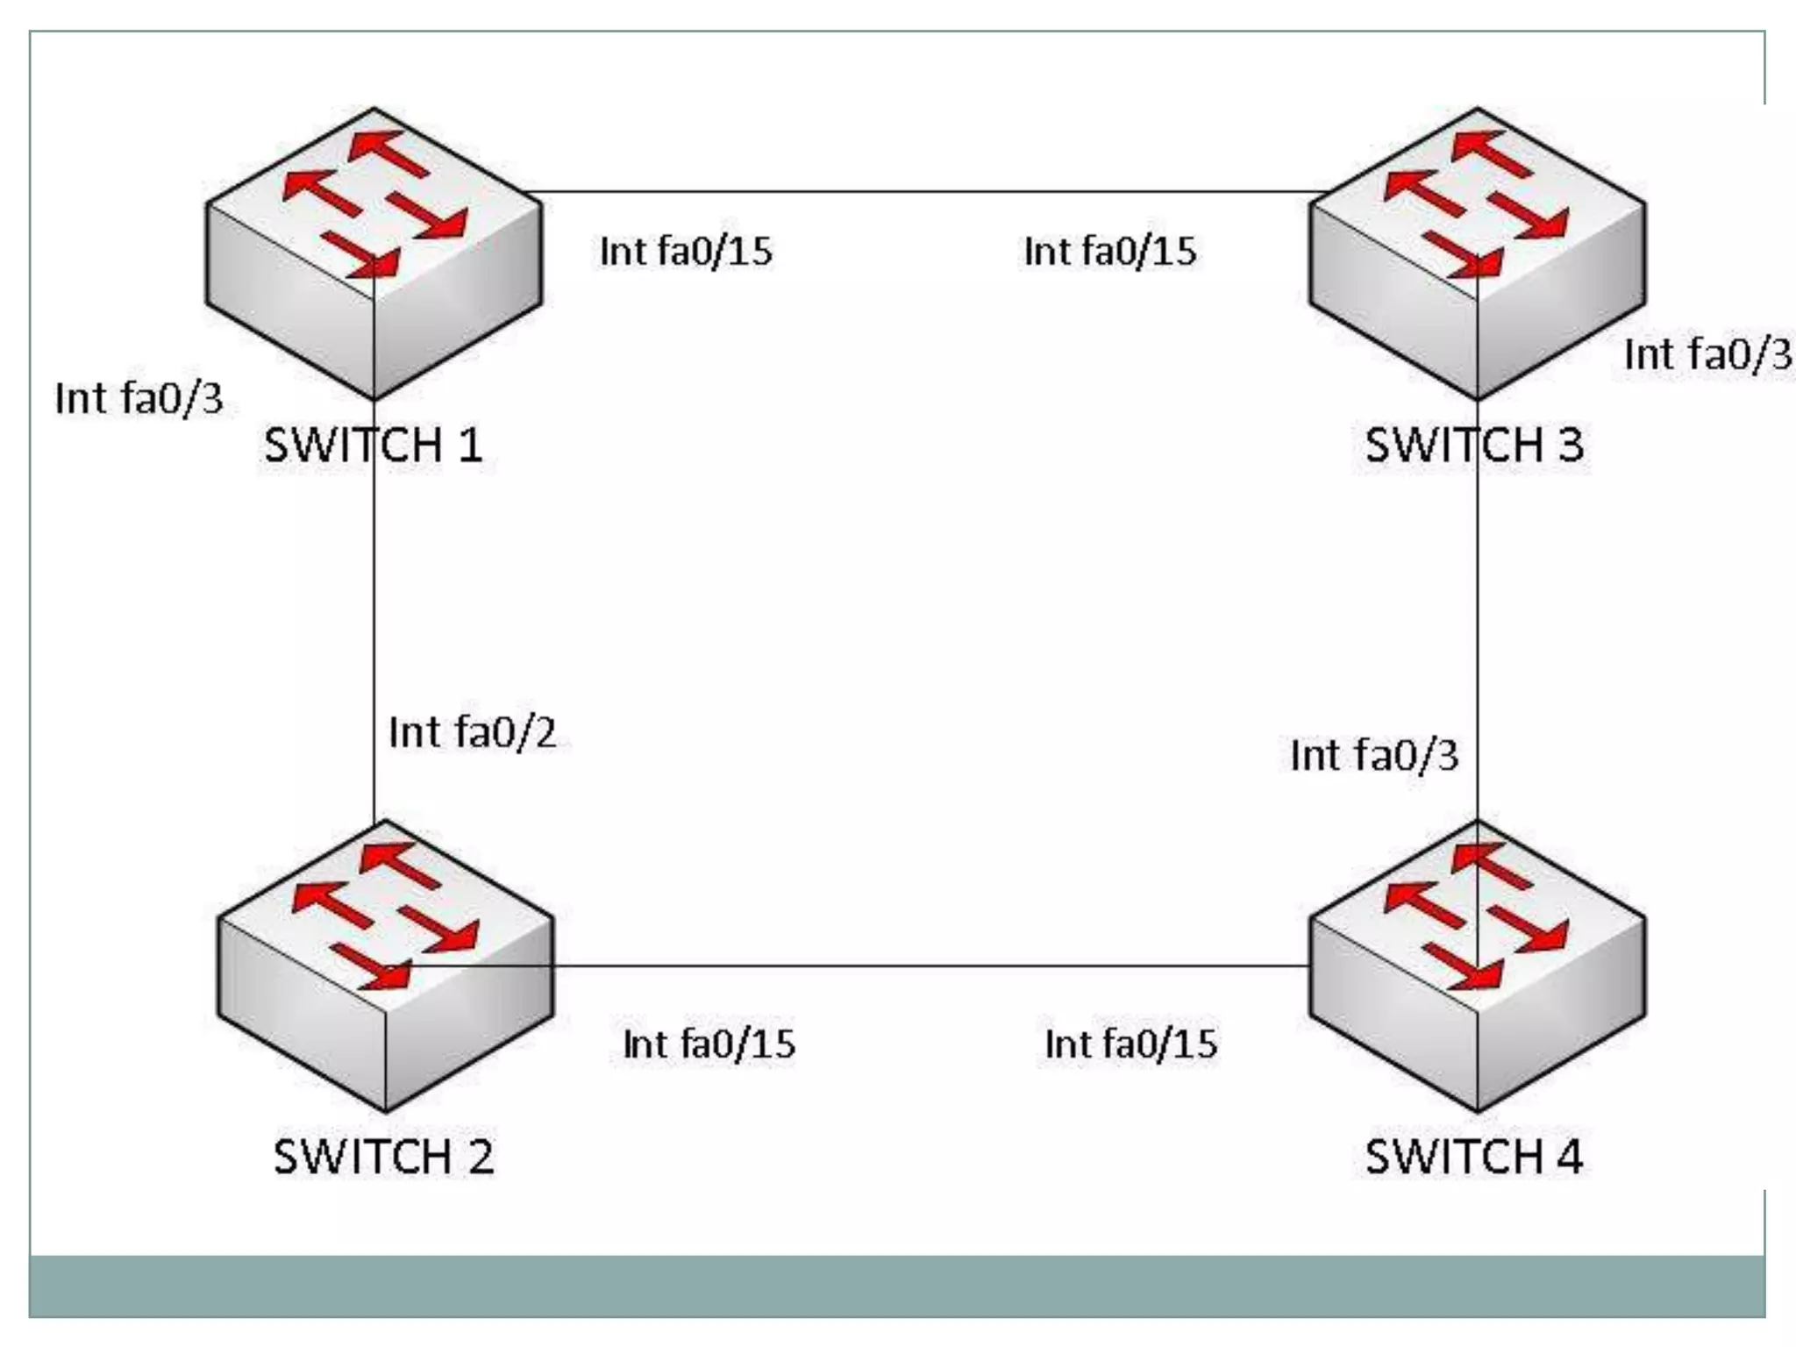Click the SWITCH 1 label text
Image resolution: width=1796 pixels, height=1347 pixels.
[x=374, y=445]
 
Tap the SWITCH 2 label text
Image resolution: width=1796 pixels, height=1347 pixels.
[x=383, y=1157]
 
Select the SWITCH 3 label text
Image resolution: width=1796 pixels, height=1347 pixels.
[x=1474, y=445]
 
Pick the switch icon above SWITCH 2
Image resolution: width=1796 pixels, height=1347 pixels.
[x=385, y=965]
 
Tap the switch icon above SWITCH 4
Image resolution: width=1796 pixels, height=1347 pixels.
[x=1477, y=965]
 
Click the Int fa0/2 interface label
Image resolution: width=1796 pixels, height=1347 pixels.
[x=473, y=732]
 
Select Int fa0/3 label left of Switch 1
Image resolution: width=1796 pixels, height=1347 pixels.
[x=139, y=399]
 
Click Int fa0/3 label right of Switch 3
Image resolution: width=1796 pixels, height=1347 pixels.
[x=1707, y=355]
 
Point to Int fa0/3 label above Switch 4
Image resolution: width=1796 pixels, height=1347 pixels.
[x=1374, y=755]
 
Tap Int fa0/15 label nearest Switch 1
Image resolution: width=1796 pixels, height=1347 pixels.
[x=686, y=252]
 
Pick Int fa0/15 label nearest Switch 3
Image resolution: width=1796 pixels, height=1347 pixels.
[x=1110, y=252]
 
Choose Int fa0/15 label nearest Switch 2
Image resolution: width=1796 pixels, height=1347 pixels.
[x=709, y=1044]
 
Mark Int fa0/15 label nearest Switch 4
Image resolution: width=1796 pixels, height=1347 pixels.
[x=1131, y=1044]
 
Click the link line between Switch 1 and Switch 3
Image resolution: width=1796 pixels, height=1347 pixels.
[x=921, y=191]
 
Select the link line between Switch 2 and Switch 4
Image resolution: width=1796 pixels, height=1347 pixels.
[x=930, y=966]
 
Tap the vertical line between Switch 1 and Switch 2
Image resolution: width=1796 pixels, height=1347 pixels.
[x=374, y=614]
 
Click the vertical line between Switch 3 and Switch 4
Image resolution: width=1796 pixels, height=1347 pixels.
[x=1478, y=614]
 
